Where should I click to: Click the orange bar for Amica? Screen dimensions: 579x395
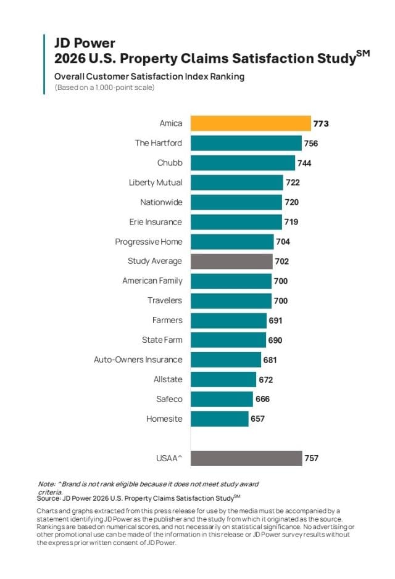(250, 123)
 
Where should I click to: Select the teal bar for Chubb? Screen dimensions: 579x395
(243, 163)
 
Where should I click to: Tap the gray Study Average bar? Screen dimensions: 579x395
(231, 261)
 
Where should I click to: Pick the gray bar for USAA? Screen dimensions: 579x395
(246, 458)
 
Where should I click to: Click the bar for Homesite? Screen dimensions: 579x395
(219, 419)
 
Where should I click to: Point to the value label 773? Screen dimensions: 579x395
(321, 124)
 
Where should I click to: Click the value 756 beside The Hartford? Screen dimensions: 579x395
(311, 144)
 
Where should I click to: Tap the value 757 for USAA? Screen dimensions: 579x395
(311, 459)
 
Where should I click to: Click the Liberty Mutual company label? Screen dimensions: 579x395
(156, 183)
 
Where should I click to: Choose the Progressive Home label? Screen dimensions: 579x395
(149, 242)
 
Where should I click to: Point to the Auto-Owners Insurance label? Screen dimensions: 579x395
(138, 359)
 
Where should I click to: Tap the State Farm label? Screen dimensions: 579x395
(162, 340)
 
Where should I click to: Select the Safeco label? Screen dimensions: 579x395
(169, 399)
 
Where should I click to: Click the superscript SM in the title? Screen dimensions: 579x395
(363, 53)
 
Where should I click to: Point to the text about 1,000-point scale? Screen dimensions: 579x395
(104, 88)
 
